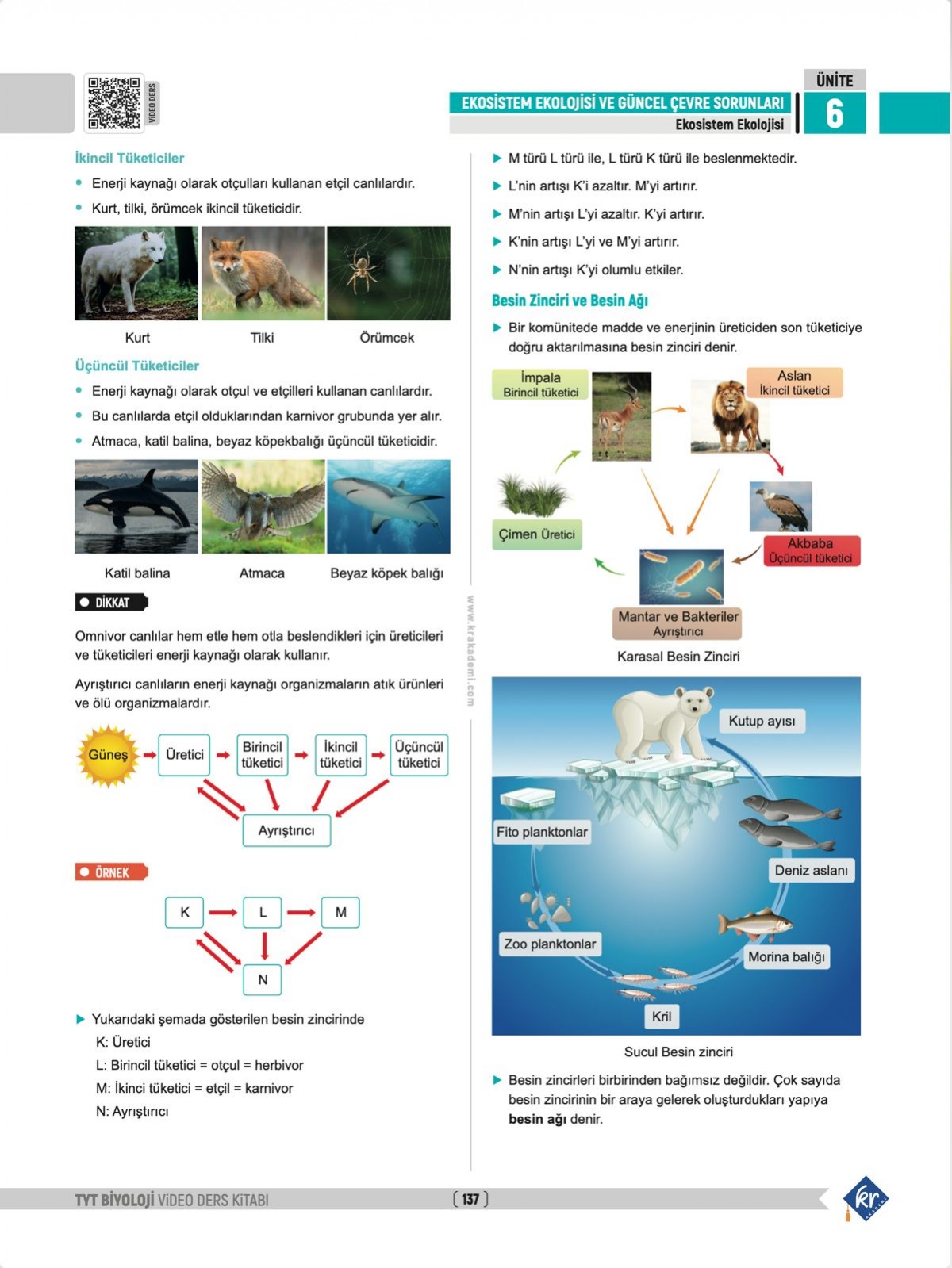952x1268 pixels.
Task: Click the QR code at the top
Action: pyautogui.click(x=113, y=103)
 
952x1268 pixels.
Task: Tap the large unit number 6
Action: pyautogui.click(x=834, y=113)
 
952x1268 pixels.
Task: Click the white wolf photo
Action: pyautogui.click(x=136, y=273)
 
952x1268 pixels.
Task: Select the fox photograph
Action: pyautogui.click(x=263, y=273)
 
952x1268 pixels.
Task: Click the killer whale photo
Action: pyautogui.click(x=136, y=506)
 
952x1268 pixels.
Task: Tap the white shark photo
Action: pyautogui.click(x=388, y=506)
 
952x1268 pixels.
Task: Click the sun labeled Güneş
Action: pyautogui.click(x=108, y=755)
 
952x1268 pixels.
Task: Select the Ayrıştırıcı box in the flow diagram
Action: pyautogui.click(x=286, y=830)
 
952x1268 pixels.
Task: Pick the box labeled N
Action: pyautogui.click(x=263, y=979)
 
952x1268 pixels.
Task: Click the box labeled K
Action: pyautogui.click(x=184, y=912)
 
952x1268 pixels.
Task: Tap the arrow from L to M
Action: pyautogui.click(x=301, y=913)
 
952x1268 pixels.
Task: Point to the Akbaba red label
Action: pyautogui.click(x=811, y=550)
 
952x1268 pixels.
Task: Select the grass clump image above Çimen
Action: pyautogui.click(x=533, y=493)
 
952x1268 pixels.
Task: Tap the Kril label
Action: pyautogui.click(x=661, y=1017)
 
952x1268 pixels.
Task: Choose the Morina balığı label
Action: pyautogui.click(x=786, y=956)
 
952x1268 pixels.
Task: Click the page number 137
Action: pyautogui.click(x=470, y=1199)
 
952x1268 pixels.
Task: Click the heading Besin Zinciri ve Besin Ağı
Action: pyautogui.click(x=570, y=301)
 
